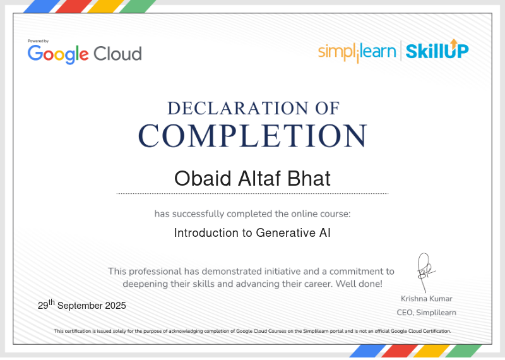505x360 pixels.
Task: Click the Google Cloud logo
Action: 85,54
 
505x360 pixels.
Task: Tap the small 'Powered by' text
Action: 38,41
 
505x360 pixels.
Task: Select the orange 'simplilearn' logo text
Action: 357,52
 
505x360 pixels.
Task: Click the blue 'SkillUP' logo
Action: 437,51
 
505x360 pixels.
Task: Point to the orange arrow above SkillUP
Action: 454,43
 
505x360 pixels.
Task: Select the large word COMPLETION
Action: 253,136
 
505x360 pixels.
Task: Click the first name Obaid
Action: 203,178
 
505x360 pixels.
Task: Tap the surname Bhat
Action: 309,178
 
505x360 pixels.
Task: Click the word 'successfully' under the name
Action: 198,214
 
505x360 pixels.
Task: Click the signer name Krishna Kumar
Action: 427,299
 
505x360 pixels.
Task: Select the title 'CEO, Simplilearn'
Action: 427,313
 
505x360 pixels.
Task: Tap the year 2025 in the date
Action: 116,306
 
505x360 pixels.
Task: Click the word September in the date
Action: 80,306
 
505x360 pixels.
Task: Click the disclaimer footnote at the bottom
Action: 252,331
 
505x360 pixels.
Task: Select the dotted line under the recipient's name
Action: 252,194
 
